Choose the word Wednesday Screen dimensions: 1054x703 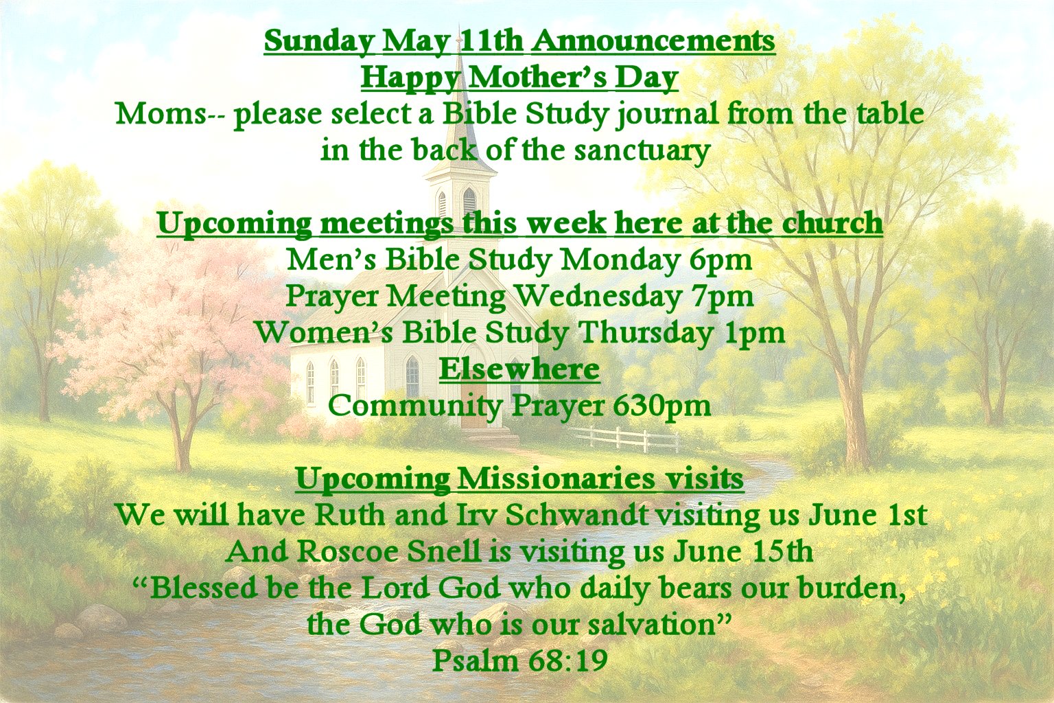600,297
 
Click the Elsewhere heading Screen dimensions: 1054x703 520,369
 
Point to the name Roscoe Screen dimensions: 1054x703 348,551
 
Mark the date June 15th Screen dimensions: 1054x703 743,551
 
